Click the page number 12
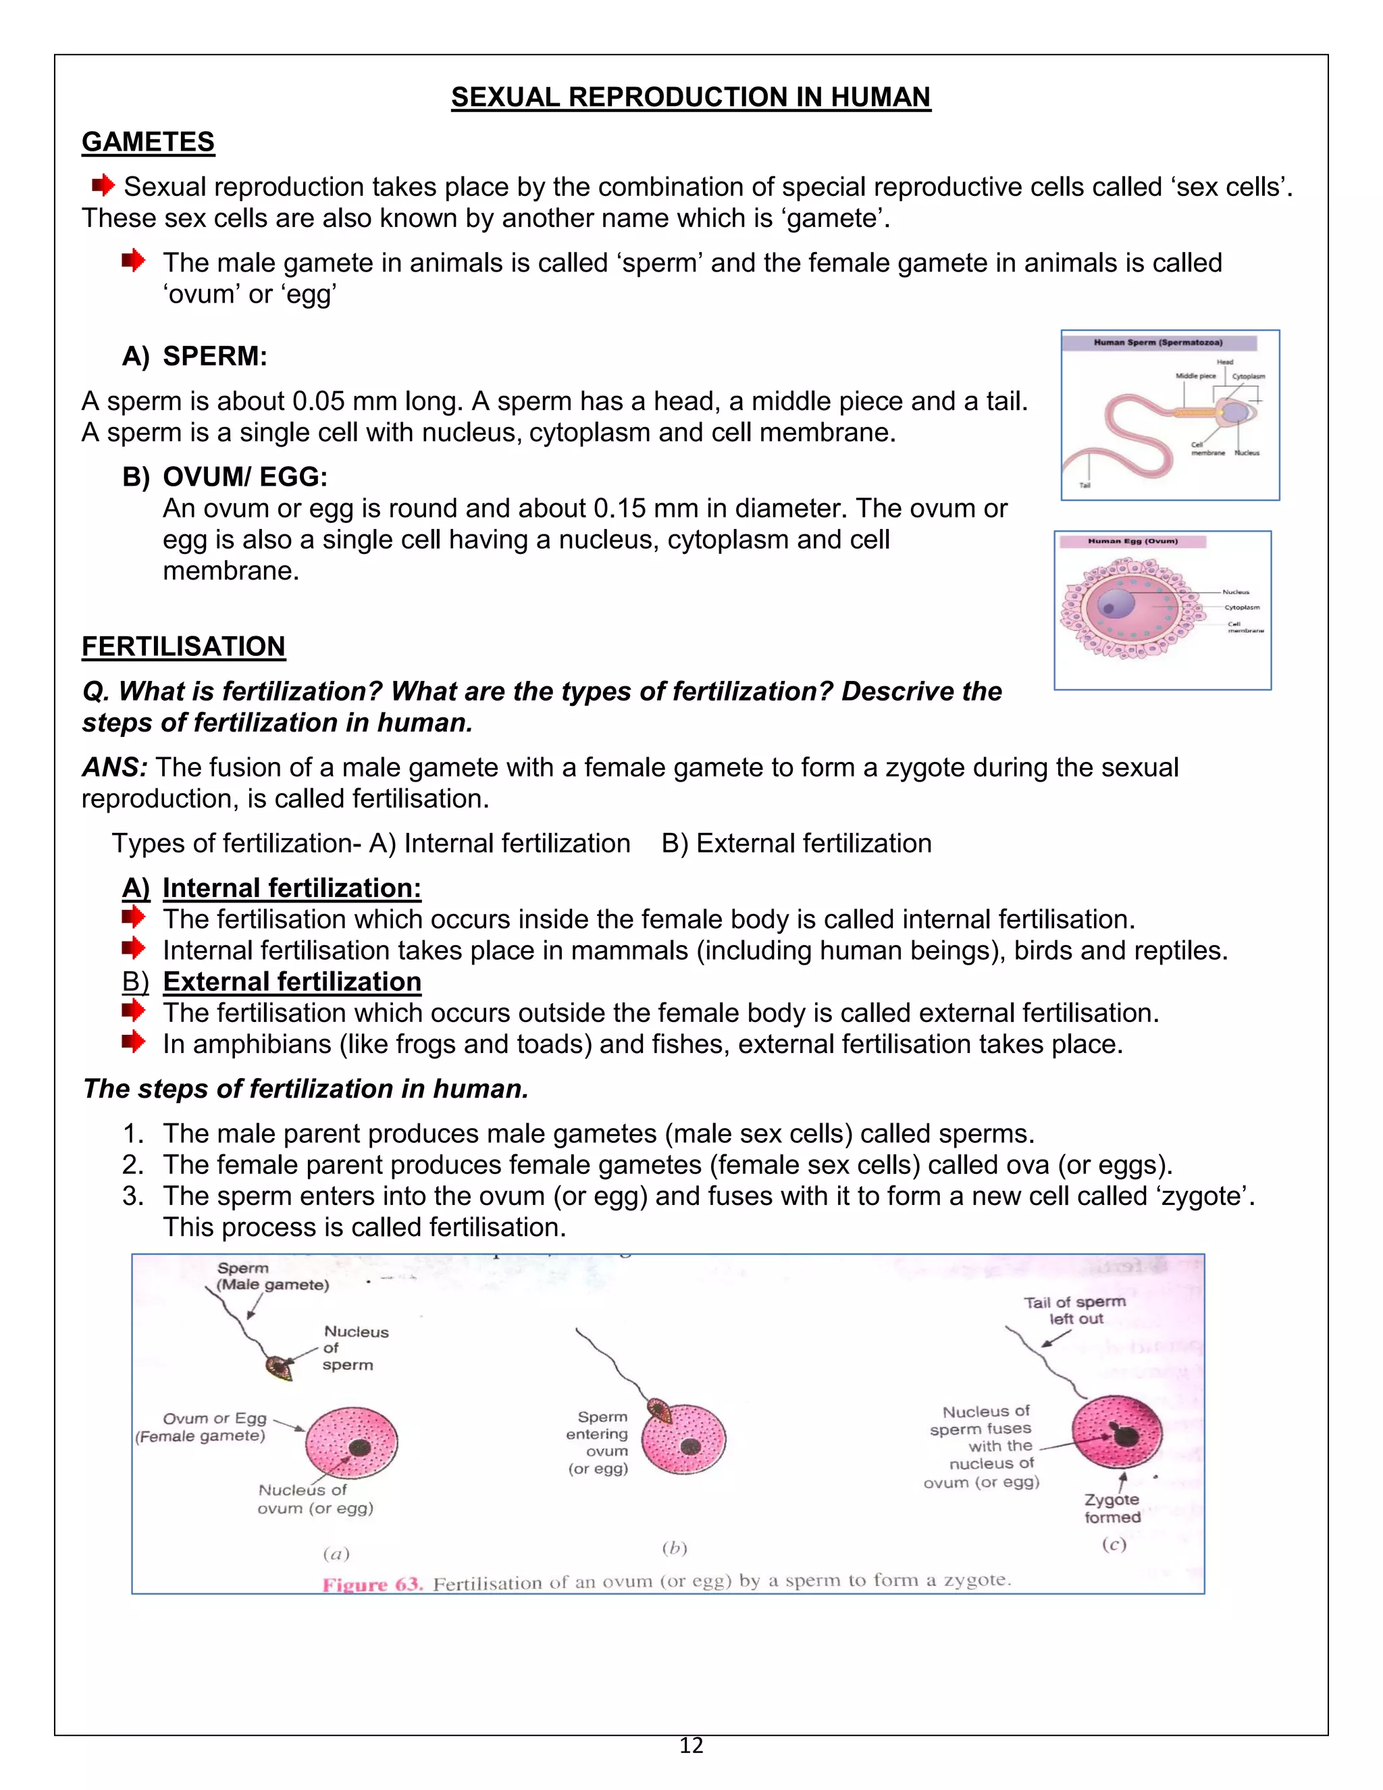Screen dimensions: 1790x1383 691,1745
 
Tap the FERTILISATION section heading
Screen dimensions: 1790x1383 184,646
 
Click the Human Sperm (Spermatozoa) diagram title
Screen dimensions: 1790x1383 1157,342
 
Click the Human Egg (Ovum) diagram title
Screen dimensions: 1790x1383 1132,541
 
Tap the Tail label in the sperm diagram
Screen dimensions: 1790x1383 1084,485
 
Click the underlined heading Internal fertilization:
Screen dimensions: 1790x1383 292,888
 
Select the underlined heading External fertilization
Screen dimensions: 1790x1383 292,982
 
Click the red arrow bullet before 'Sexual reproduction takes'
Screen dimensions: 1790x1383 103,185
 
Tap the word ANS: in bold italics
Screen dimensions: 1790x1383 115,768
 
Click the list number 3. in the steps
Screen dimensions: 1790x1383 133,1197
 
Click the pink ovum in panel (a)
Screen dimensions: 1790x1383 350,1443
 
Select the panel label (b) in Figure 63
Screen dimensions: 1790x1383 675,1548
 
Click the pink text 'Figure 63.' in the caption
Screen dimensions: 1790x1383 372,1584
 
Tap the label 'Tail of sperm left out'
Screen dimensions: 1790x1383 1075,1310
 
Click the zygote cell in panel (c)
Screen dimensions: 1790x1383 1117,1432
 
